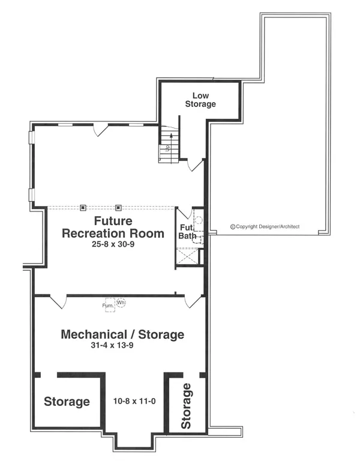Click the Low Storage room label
[x=200, y=100]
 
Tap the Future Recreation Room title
[x=113, y=228]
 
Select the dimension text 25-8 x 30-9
[x=113, y=244]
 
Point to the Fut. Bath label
[x=187, y=232]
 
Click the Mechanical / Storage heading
[x=122, y=334]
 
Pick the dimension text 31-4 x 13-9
[x=112, y=345]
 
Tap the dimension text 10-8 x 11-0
[x=134, y=401]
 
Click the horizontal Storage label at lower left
[x=67, y=402]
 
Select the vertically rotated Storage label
[x=186, y=406]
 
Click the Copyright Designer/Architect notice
[x=265, y=227]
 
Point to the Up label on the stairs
[x=167, y=147]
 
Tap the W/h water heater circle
[x=121, y=303]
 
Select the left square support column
[x=83, y=207]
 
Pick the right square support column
[x=119, y=207]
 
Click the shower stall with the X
[x=187, y=256]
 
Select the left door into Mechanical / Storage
[x=58, y=301]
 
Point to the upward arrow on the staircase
[x=171, y=148]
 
